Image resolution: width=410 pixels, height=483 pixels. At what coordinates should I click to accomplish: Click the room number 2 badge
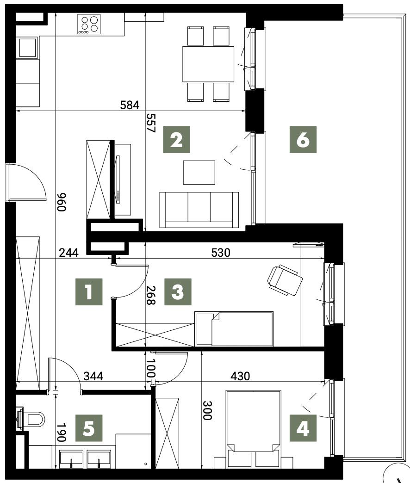pos(176,140)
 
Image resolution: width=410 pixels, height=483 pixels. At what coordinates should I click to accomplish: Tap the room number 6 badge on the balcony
pos(303,140)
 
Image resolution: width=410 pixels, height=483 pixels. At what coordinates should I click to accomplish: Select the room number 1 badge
pos(89,292)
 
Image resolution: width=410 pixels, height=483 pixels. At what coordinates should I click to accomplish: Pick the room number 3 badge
pos(178,292)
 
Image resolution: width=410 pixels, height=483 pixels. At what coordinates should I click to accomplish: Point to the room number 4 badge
pos(303,428)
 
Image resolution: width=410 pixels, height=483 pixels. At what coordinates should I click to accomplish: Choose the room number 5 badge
pos(89,428)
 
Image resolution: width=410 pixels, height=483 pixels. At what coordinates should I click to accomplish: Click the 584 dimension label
pos(130,105)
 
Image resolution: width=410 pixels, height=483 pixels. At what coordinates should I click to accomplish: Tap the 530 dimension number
pos(221,253)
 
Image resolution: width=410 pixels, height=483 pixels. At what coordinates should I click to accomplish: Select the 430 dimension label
pos(240,376)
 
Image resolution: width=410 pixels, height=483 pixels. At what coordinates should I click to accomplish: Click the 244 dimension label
pos(68,253)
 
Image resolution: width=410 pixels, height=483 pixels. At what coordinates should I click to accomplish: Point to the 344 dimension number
pos(93,376)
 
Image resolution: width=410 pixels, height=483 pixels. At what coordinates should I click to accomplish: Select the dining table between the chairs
pos(208,64)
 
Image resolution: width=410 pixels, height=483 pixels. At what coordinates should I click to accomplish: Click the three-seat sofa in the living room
pos(199,210)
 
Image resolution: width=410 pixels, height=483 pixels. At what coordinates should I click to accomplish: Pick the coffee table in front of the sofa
pos(199,173)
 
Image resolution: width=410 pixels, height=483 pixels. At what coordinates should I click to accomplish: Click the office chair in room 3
pos(285,280)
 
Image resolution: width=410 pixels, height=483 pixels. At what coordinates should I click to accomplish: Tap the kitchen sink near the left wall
pos(27,48)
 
